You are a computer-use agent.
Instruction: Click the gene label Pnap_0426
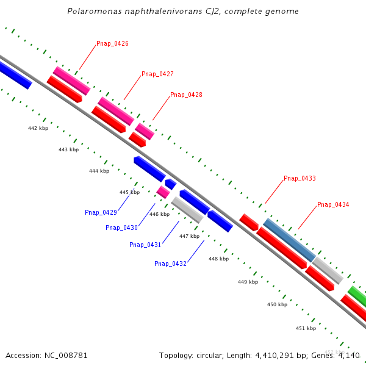[112, 44]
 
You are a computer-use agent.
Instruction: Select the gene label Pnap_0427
[157, 74]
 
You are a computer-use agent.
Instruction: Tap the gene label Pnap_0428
[186, 95]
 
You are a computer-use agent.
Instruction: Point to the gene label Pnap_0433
[300, 179]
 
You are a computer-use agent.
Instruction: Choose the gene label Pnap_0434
[333, 205]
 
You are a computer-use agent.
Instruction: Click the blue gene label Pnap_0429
[101, 213]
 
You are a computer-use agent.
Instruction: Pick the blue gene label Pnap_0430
[121, 228]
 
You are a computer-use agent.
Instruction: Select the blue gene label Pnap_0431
[145, 245]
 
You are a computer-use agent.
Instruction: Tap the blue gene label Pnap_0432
[170, 264]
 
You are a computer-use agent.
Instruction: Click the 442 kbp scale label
[38, 128]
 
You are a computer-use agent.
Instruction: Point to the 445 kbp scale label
[129, 192]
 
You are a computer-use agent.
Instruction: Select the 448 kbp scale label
[218, 259]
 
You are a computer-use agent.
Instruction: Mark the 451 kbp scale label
[306, 328]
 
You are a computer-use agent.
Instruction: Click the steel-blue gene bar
[289, 240]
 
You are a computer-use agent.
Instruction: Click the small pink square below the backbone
[163, 192]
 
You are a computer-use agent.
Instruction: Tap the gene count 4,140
[348, 355]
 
